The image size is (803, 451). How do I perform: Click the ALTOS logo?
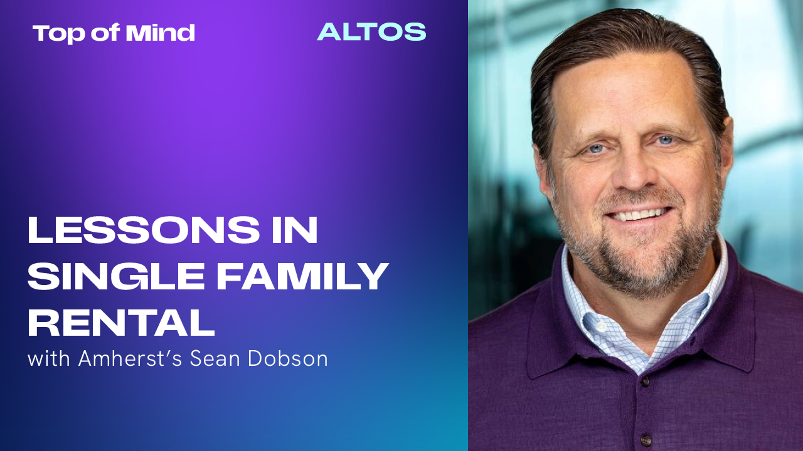[x=372, y=32]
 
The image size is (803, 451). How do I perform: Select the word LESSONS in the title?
[x=144, y=230]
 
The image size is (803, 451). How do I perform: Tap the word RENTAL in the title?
[x=121, y=323]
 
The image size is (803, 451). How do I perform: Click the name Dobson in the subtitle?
[x=287, y=358]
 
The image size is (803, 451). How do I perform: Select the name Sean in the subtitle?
[x=215, y=359]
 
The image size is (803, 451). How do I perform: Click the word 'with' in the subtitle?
[x=49, y=358]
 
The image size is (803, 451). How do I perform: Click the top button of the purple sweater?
[x=645, y=381]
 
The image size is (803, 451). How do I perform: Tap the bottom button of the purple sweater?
[x=646, y=440]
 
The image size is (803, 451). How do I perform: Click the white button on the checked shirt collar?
[x=602, y=326]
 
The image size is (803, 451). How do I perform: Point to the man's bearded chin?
[x=646, y=265]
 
